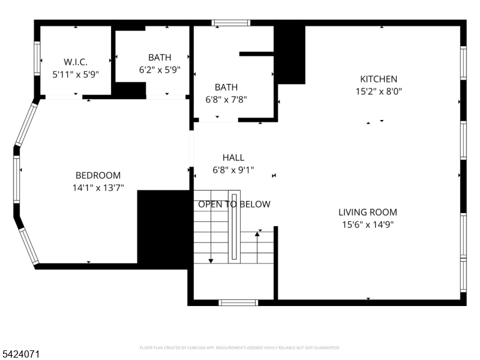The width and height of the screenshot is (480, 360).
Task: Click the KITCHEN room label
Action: click(x=378, y=79)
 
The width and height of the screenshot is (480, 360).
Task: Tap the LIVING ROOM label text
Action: click(x=367, y=212)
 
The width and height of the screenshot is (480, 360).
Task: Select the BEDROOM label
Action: click(x=98, y=176)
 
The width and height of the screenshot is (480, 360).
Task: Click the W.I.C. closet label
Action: click(x=76, y=62)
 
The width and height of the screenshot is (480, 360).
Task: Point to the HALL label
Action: click(x=233, y=158)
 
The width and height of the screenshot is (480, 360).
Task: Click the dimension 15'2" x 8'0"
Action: click(x=378, y=92)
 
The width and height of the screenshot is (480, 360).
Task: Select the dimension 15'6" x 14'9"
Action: click(x=367, y=225)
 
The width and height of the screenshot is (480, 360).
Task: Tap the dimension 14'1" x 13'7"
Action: click(x=98, y=188)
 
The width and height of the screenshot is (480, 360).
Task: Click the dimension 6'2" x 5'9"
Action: click(x=160, y=70)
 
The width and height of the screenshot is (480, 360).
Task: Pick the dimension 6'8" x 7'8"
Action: click(x=226, y=100)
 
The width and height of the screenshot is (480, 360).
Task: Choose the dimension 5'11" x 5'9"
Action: click(x=76, y=74)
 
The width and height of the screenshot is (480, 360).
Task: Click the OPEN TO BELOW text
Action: click(x=234, y=205)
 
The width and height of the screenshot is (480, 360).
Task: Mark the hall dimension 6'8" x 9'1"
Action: click(x=233, y=170)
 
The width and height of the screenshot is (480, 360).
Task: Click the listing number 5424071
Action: click(x=20, y=355)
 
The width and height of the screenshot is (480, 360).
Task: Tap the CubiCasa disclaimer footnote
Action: click(x=240, y=347)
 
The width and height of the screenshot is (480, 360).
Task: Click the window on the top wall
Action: click(x=231, y=23)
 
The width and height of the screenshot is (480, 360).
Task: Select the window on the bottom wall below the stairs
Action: click(x=238, y=302)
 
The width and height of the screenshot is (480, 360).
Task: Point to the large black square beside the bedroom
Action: click(x=164, y=228)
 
